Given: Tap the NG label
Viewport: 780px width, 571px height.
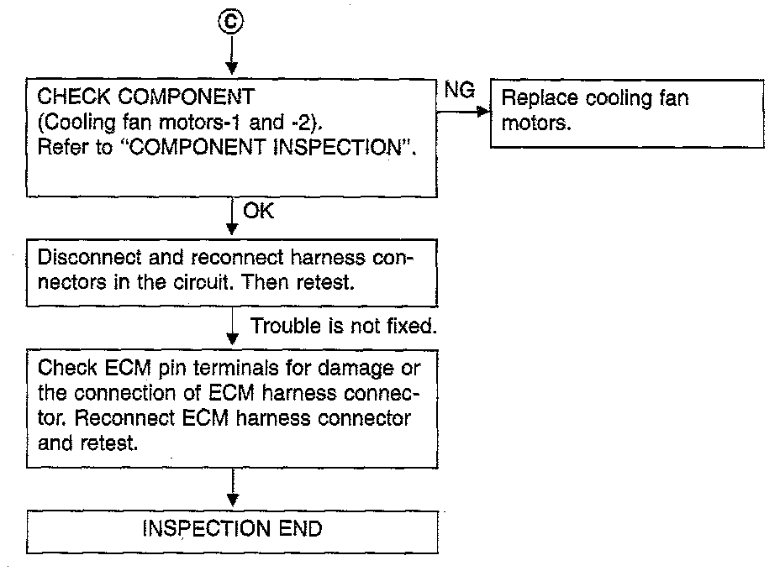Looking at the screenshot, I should click(x=459, y=91).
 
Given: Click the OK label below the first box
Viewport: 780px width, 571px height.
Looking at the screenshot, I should click(x=258, y=212).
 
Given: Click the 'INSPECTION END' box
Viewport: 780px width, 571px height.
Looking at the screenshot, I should click(x=232, y=531).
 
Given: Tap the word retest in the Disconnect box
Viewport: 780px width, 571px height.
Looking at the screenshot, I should click(x=326, y=280).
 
